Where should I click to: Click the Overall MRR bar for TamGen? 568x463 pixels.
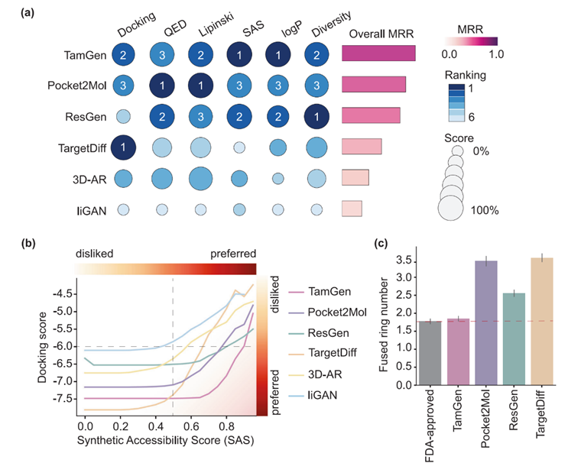[x=378, y=53]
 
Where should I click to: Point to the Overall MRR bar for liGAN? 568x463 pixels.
[x=352, y=208]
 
